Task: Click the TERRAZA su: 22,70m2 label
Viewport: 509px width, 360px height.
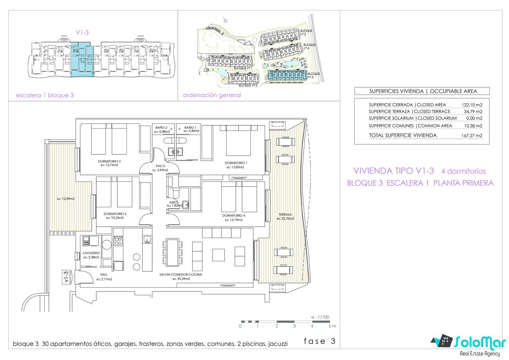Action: click(285, 216)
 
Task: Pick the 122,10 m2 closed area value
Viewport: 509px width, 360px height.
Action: click(472, 105)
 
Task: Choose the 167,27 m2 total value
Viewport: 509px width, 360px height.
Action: click(472, 136)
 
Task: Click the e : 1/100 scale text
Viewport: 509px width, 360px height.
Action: click(320, 317)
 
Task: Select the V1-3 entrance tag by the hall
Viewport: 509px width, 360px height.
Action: click(66, 277)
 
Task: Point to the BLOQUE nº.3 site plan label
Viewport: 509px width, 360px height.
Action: click(314, 76)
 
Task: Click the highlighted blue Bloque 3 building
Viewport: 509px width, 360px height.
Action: click(287, 75)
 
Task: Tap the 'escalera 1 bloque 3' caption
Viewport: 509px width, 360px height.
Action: click(45, 95)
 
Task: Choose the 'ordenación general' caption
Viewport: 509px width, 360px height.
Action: click(212, 95)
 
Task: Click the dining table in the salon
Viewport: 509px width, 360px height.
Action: click(172, 252)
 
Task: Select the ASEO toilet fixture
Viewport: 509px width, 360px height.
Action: click(176, 193)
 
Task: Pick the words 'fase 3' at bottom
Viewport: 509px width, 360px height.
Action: click(319, 341)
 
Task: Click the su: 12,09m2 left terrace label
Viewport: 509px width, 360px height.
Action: click(66, 199)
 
